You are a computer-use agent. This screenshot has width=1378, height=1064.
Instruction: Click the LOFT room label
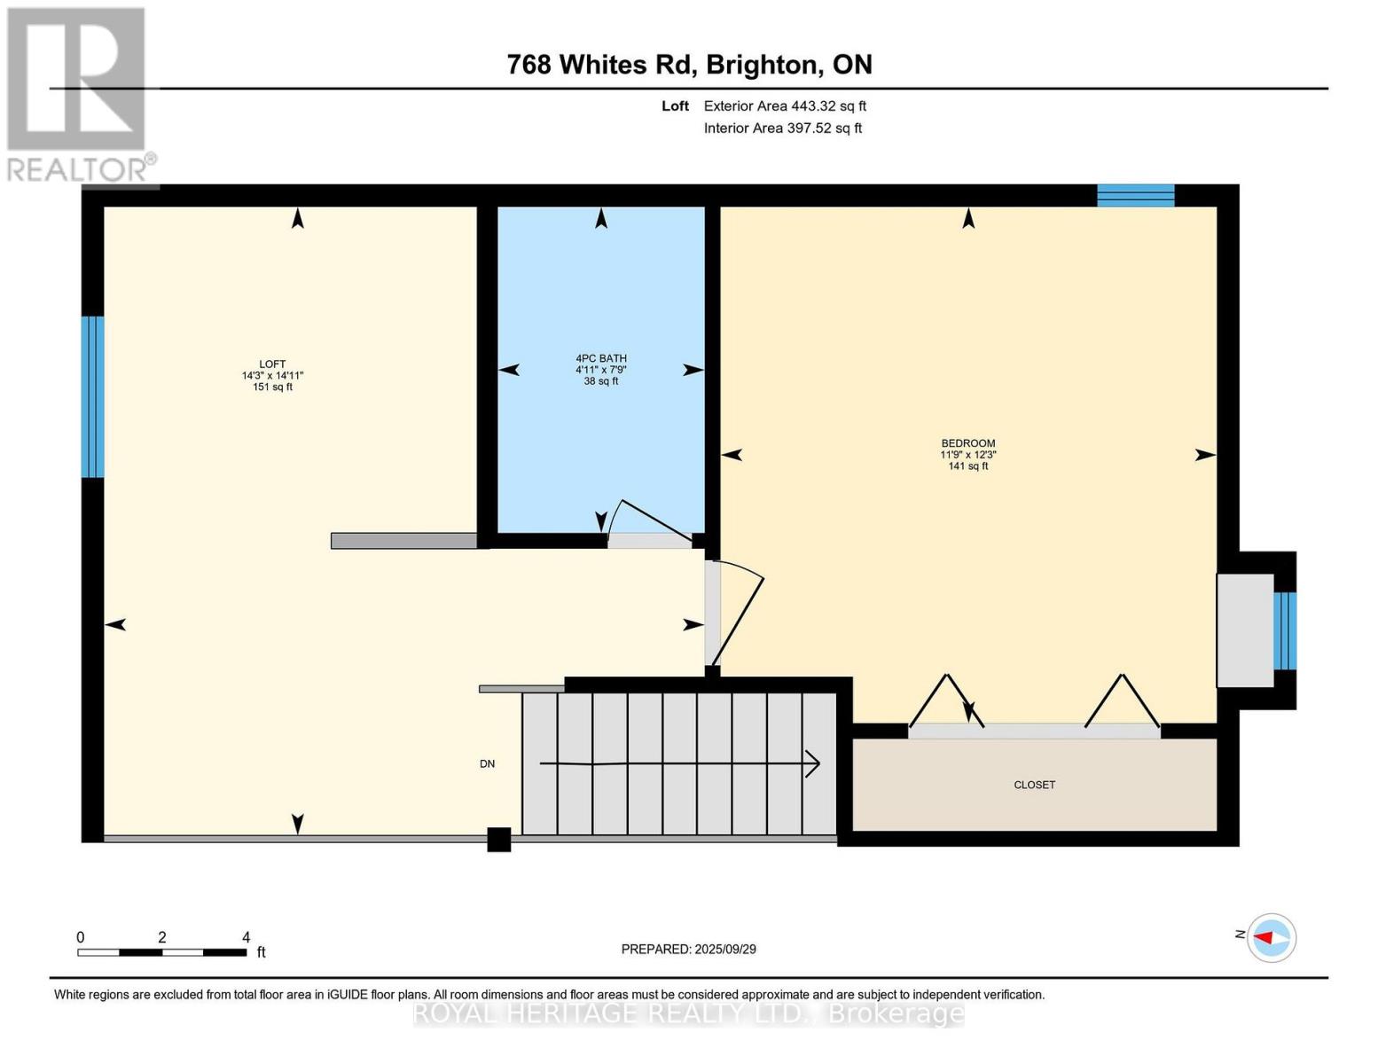point(272,364)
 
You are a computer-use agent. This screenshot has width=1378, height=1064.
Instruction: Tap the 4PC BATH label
point(601,358)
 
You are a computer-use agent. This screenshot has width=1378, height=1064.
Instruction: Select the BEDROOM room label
point(968,443)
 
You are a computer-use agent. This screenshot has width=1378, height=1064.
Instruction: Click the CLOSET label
point(1034,785)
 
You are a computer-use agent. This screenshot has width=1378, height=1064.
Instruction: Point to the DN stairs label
point(487,763)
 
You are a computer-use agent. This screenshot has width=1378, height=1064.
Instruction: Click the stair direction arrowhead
point(813,763)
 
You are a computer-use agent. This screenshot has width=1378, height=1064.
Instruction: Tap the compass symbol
point(1272,937)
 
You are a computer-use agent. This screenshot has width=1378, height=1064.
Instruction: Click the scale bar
point(161,951)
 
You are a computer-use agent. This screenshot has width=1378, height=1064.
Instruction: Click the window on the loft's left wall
point(92,396)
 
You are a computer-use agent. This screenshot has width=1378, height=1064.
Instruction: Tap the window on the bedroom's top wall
point(1136,195)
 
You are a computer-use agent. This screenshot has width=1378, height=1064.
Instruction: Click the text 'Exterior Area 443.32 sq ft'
point(785,106)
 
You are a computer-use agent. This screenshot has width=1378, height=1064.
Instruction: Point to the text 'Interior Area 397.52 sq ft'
point(783,128)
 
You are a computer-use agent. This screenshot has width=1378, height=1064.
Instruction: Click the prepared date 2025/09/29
point(725,950)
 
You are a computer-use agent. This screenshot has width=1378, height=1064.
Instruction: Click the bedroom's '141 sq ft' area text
point(968,466)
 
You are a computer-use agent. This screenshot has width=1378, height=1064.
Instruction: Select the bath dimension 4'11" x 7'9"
point(601,370)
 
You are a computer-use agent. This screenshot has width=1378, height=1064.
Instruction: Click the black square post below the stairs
point(499,840)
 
